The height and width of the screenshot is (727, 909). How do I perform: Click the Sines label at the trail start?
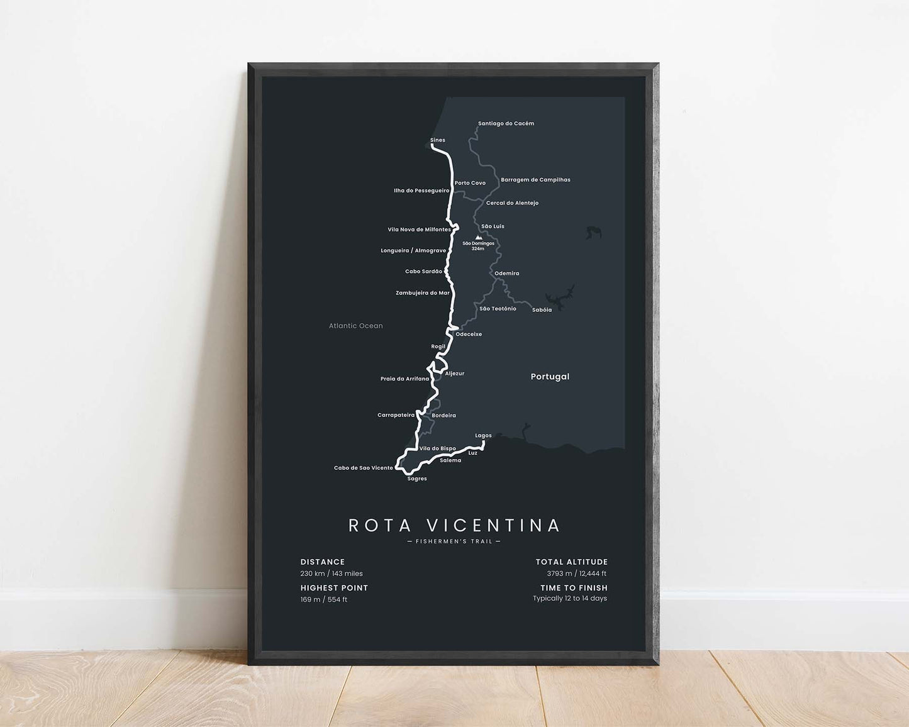coord(437,140)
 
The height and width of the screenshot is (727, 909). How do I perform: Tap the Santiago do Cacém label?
coord(506,123)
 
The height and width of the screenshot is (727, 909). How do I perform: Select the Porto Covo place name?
coord(470,183)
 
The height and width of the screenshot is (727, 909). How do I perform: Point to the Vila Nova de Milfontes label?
coord(419,230)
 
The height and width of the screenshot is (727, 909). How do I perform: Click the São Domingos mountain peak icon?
coord(478,238)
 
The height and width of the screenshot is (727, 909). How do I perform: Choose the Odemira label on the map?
coord(506,274)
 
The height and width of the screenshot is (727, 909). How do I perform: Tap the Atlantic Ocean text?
coord(355,326)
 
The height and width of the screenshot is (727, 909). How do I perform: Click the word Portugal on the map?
coord(550,377)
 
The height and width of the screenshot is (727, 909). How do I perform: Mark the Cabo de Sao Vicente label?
coord(363,468)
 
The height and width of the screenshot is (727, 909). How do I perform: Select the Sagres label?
coord(417,479)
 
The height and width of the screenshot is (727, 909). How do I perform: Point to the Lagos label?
coord(483,435)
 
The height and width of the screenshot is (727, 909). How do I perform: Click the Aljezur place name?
coord(454,374)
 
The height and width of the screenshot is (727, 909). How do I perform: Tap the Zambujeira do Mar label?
coord(422,292)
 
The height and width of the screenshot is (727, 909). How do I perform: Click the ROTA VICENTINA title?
coord(454,525)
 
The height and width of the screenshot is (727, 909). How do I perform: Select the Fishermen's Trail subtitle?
coord(454,541)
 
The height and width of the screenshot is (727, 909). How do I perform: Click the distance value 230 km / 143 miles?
coord(332,574)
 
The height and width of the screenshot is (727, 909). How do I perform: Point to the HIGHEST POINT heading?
coord(334,588)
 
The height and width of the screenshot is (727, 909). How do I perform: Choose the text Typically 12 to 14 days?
coord(569,598)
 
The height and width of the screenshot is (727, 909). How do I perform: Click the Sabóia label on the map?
coord(542,310)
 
